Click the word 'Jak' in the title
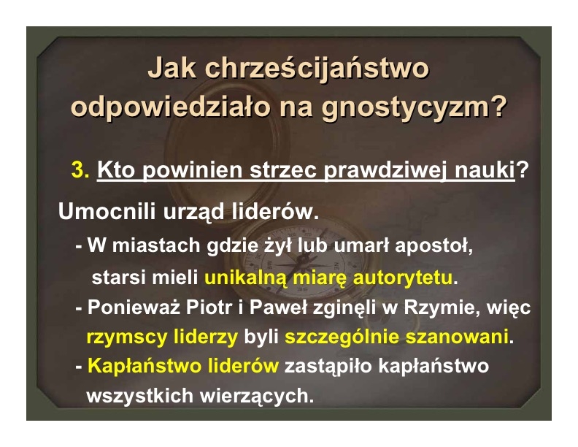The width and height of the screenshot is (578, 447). point(172,68)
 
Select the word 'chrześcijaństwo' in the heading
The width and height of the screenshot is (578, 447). point(317,69)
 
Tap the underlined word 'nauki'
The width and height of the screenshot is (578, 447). point(485,170)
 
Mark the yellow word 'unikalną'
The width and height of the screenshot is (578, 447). point(245,278)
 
